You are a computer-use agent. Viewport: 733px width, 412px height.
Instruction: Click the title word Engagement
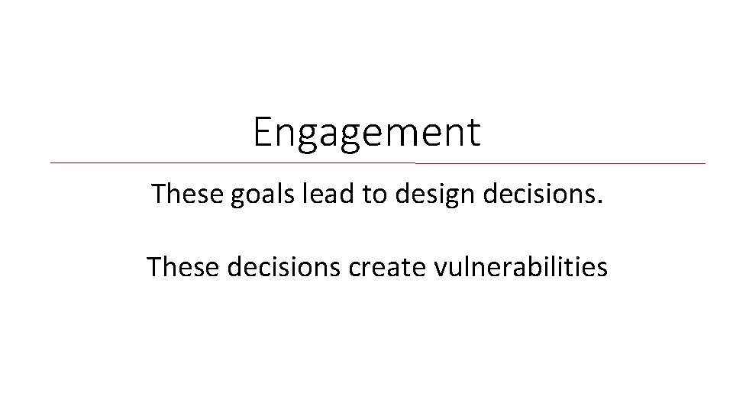367,133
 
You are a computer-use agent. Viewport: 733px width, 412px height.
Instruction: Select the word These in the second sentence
180,267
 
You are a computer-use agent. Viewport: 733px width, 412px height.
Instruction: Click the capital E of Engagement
263,131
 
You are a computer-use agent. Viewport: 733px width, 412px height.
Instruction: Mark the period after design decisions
600,202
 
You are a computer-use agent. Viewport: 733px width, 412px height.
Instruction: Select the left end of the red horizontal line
51,163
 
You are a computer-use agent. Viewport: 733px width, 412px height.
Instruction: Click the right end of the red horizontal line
705,163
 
